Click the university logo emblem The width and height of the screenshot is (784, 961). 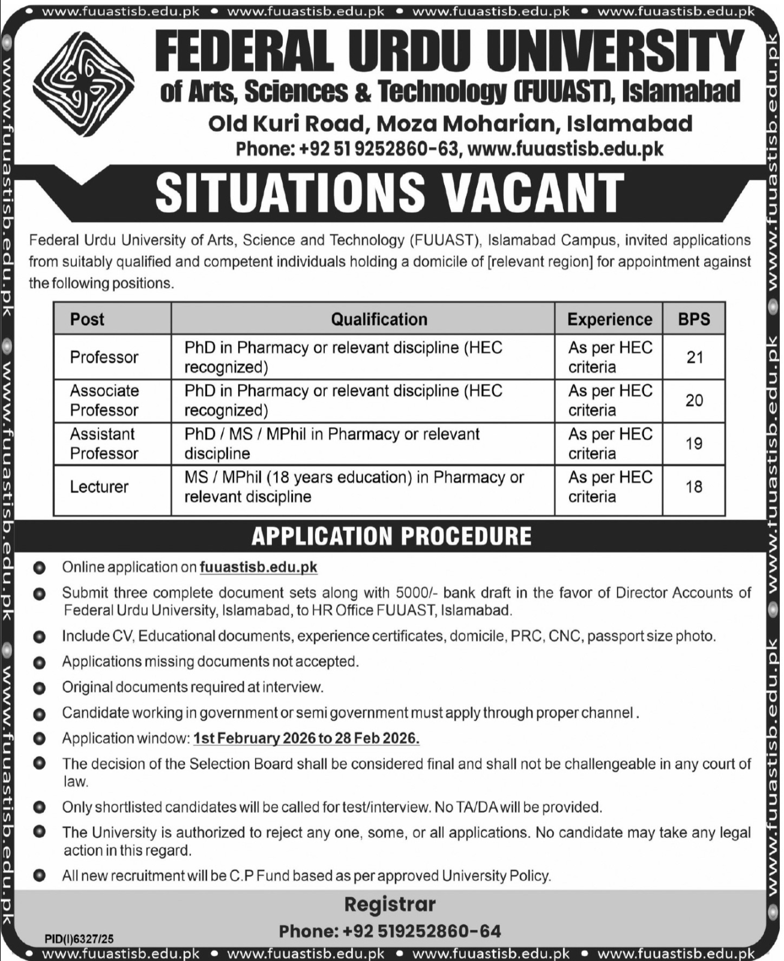coord(84,83)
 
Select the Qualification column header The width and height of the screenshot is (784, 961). coord(379,319)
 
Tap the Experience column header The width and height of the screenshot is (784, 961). coord(609,319)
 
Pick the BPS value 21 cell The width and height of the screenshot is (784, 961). coord(694,357)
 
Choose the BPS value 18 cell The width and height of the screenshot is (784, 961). coord(694,486)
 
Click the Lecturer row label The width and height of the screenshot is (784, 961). coord(99,486)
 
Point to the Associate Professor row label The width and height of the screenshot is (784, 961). coord(104,400)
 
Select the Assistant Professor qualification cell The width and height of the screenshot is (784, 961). coord(332,443)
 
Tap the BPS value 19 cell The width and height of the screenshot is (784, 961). coord(694,443)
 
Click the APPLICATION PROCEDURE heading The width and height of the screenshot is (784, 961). coord(391,536)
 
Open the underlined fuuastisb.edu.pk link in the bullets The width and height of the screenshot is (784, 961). coord(258,567)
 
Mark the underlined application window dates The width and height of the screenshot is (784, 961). coord(306,738)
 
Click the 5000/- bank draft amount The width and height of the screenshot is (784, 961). coord(418,593)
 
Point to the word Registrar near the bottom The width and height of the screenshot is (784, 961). coord(390,904)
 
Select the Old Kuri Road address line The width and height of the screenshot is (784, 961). coord(450,124)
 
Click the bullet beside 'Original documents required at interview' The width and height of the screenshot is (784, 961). coord(40,688)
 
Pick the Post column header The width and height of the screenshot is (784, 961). coord(87,319)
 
